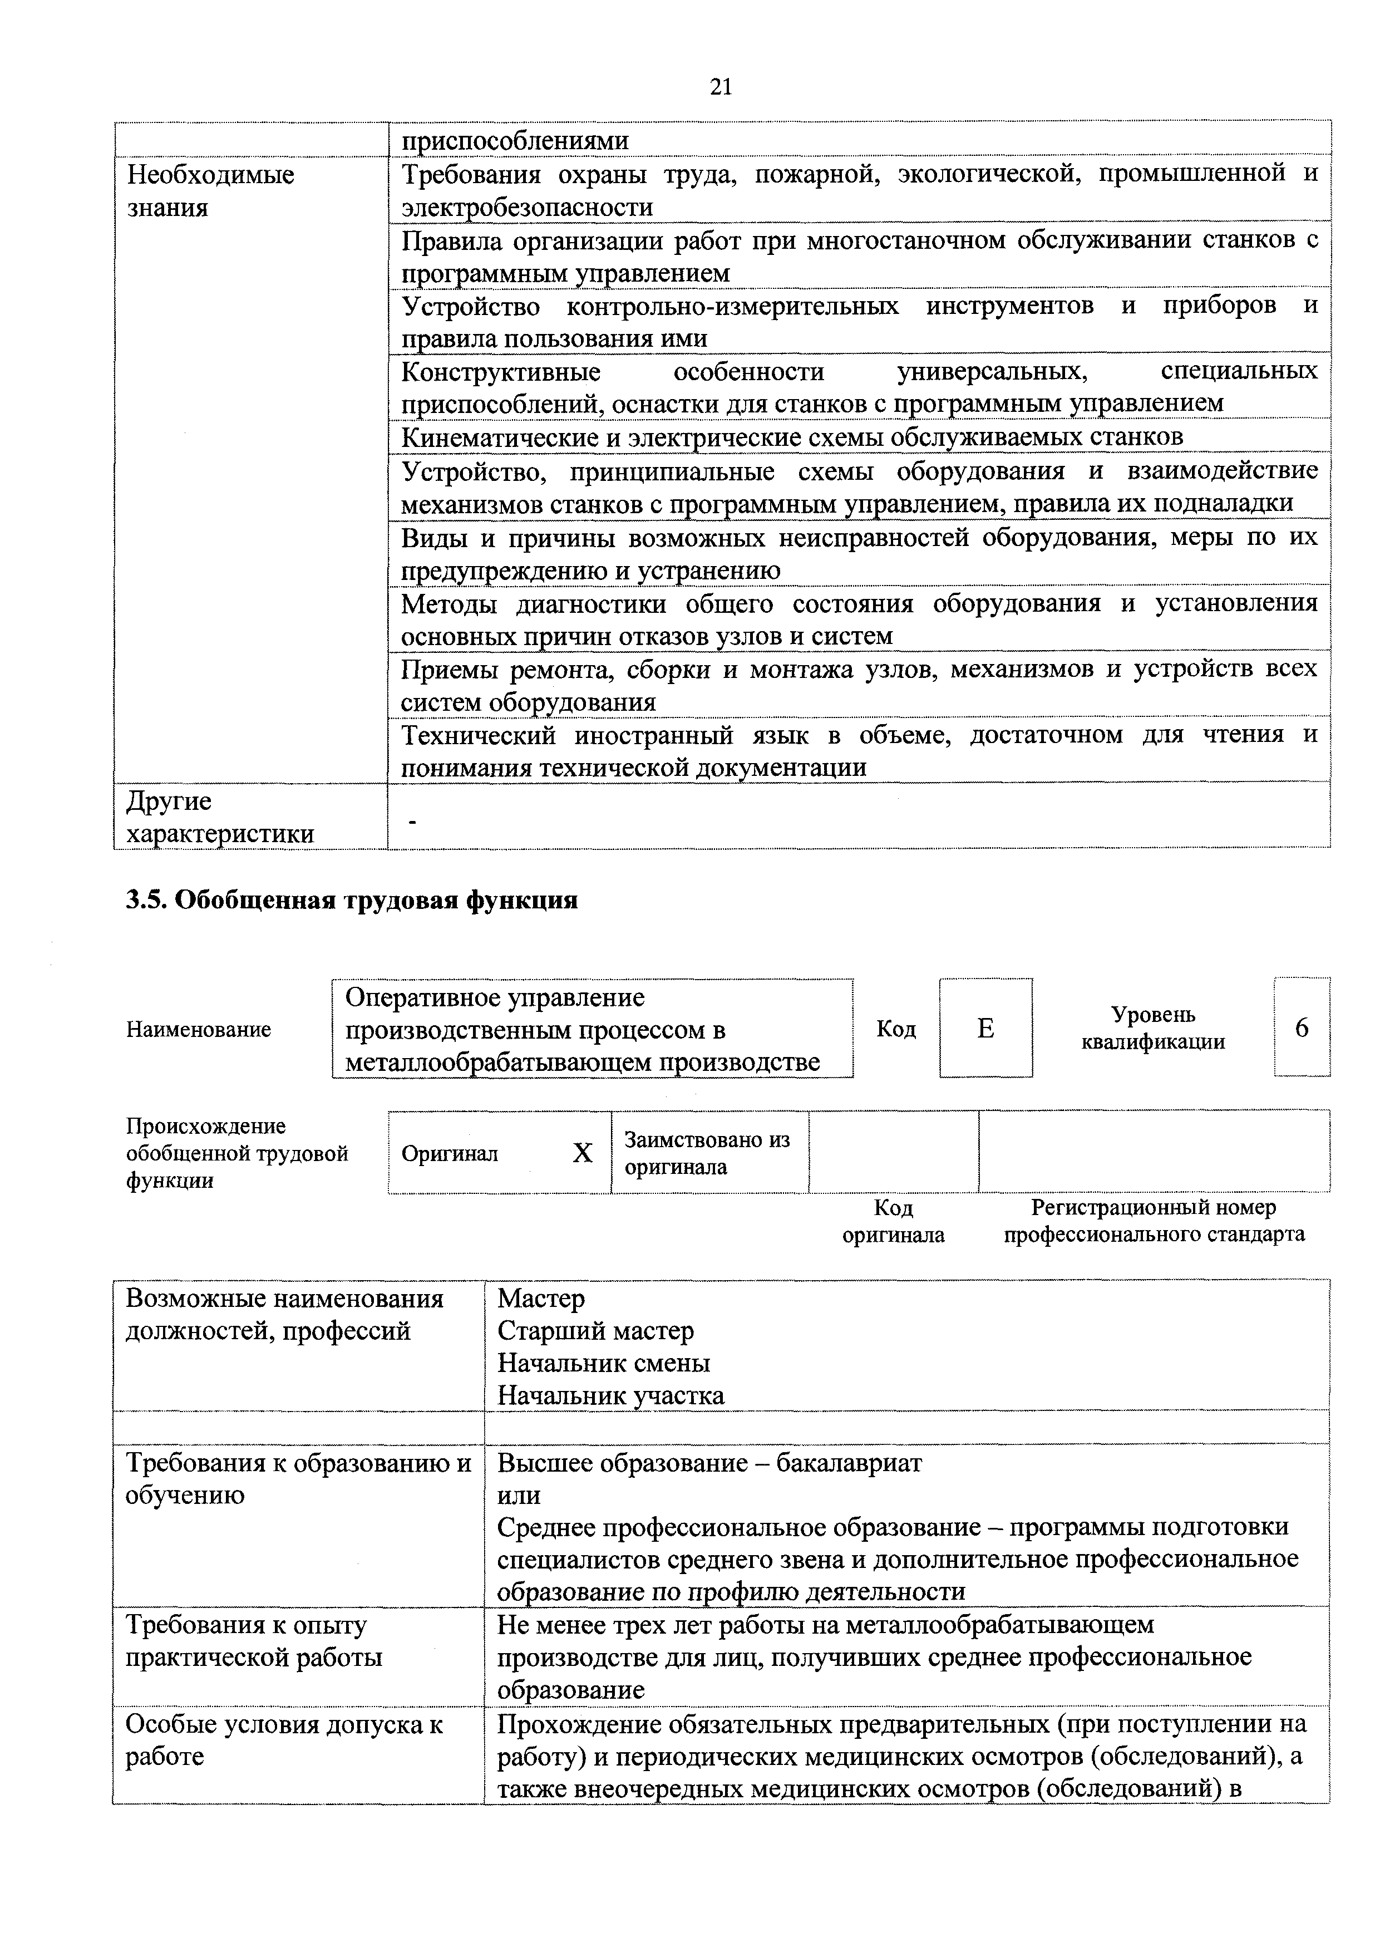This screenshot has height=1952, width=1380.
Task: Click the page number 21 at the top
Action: [x=721, y=87]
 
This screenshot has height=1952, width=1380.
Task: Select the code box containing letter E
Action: [x=985, y=1029]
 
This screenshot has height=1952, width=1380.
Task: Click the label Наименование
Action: [x=198, y=1030]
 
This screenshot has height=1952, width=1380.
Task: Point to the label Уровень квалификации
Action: [x=1152, y=1028]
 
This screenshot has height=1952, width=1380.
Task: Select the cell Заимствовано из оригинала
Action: [x=707, y=1153]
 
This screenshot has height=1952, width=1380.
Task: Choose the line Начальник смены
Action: [x=603, y=1363]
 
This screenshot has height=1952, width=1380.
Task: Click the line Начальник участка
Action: [x=610, y=1395]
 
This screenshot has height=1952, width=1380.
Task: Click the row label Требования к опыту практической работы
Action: [x=253, y=1641]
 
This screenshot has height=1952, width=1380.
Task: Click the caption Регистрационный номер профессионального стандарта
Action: [x=1153, y=1221]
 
